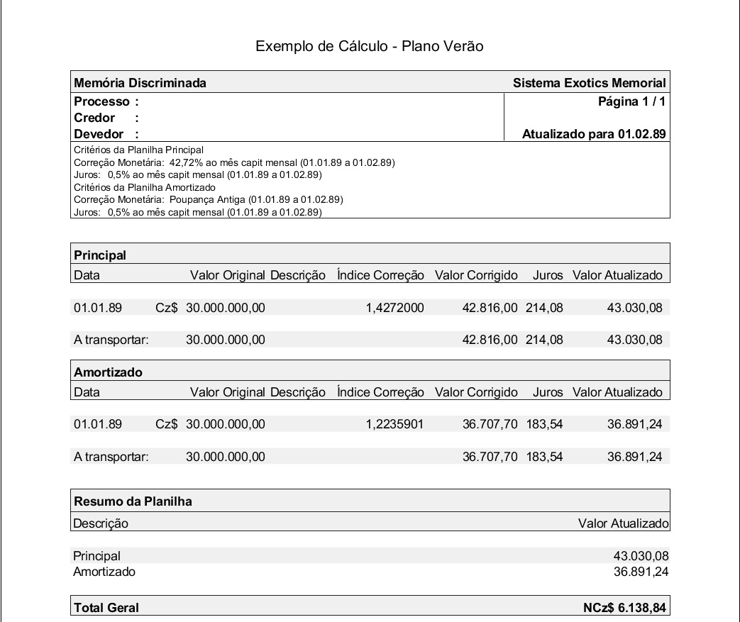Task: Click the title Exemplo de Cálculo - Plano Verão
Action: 370,47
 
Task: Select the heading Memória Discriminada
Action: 140,83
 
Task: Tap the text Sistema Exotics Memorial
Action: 589,83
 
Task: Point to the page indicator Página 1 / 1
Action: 631,101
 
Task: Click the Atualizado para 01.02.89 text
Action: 594,134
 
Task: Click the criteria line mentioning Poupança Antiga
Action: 209,199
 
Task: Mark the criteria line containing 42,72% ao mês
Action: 234,162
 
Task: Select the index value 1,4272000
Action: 395,308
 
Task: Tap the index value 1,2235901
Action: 395,425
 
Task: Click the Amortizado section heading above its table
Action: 108,372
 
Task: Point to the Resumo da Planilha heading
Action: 133,501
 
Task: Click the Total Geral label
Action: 106,607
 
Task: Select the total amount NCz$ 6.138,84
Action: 624,607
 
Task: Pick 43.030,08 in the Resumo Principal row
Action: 641,556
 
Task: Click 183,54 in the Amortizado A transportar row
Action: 544,457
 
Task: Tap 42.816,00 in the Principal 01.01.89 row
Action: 490,308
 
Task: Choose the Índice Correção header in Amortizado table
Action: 380,392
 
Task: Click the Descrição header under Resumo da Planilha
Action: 101,523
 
